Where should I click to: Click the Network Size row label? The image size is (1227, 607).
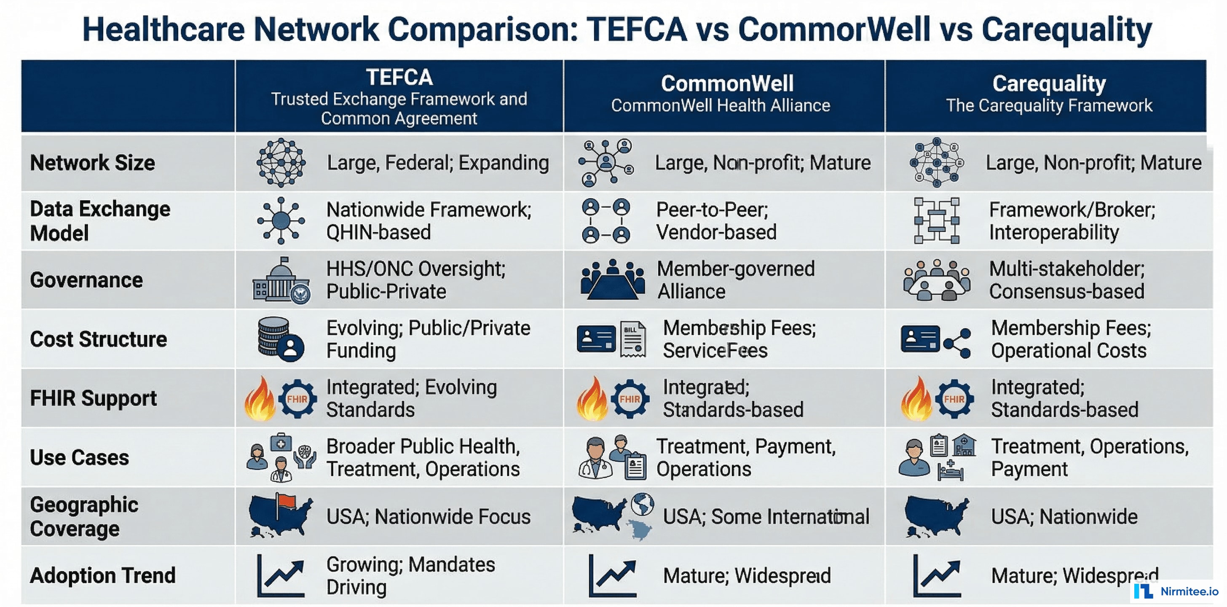coord(92,163)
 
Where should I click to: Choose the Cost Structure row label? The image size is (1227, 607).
coord(98,339)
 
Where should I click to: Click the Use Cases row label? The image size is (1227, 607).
coord(79,457)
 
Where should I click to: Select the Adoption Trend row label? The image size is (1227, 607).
coord(102,575)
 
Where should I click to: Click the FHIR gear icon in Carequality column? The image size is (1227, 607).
coord(954,399)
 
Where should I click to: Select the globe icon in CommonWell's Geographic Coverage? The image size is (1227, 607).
coord(643,505)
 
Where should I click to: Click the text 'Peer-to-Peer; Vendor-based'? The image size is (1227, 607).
coord(716,221)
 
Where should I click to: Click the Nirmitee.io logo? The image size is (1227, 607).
coord(1176,591)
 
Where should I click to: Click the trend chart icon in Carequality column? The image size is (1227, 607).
coord(936,575)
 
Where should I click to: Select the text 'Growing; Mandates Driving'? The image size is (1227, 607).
coord(410,575)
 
